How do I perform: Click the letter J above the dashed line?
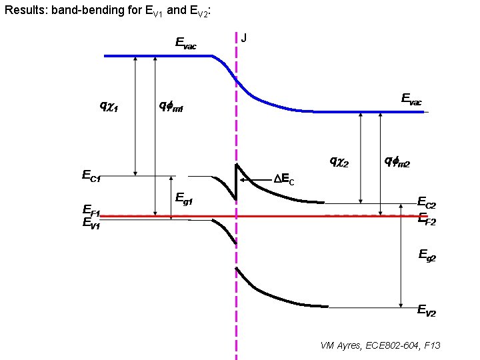click(244, 38)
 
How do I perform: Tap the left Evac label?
click(185, 43)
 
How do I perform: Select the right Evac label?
click(411, 99)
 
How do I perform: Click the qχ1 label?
click(109, 105)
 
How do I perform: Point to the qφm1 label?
click(171, 105)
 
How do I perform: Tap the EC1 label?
click(91, 177)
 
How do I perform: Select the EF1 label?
click(91, 213)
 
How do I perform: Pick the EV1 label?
click(91, 223)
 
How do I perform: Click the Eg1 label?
click(184, 198)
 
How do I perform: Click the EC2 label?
click(427, 202)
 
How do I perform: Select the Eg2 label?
click(427, 254)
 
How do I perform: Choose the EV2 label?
click(427, 309)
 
